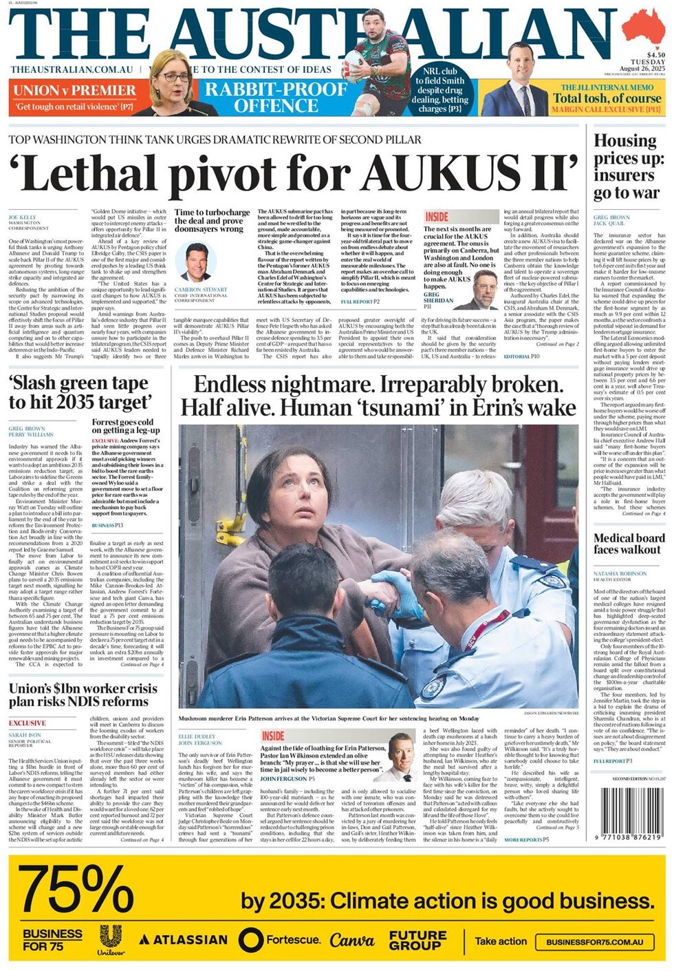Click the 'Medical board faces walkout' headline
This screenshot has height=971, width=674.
[x=629, y=544]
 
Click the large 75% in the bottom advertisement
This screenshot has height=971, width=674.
[x=76, y=890]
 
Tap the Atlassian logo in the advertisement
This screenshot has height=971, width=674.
[x=184, y=939]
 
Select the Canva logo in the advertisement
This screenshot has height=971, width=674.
[x=351, y=939]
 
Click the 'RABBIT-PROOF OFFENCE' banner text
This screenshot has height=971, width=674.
[x=276, y=97]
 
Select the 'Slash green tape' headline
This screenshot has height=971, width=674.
[x=78, y=392]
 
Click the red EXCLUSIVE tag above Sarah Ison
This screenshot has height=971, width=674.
[x=28, y=723]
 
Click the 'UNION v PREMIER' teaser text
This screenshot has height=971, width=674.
[x=74, y=90]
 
